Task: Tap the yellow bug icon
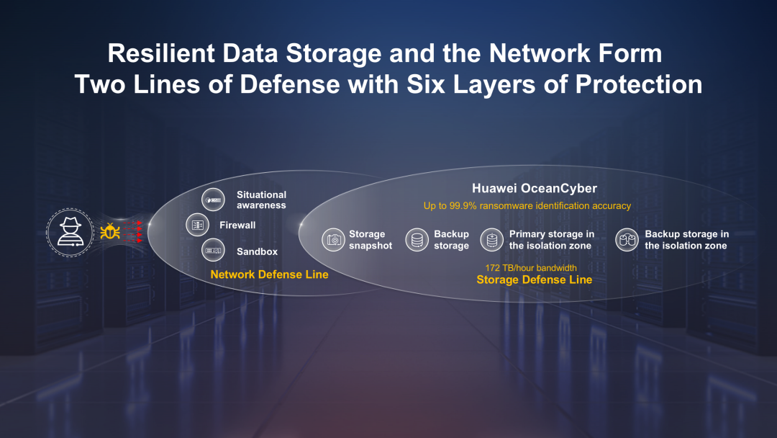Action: pos(110,231)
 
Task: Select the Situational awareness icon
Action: pos(212,200)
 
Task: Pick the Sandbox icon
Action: pos(212,251)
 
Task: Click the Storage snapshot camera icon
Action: pos(333,240)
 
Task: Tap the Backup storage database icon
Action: pos(417,240)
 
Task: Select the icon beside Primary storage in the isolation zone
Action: pos(492,240)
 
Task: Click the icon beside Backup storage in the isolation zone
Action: pos(627,240)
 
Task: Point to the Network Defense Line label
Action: pos(269,274)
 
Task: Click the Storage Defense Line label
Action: pos(534,280)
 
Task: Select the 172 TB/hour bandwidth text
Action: pos(531,268)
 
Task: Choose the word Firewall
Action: pos(237,225)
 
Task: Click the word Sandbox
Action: pos(257,251)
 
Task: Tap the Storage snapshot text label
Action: pos(371,240)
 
